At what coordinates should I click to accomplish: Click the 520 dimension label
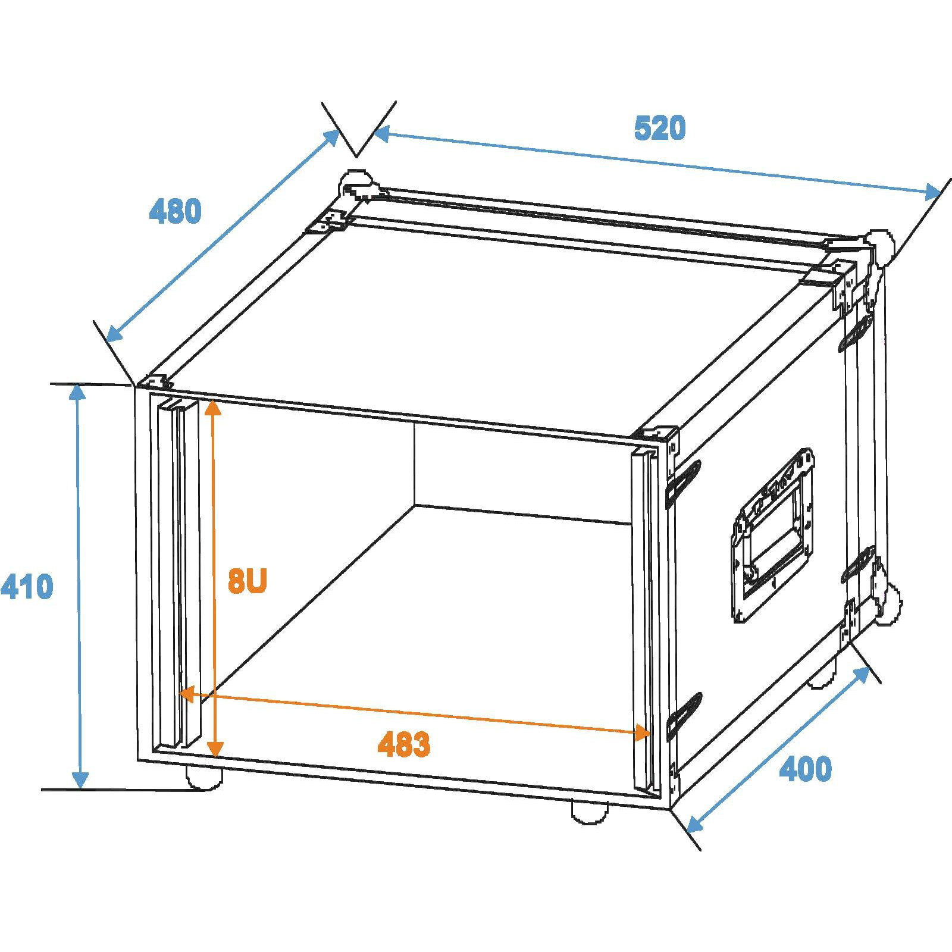[x=660, y=129]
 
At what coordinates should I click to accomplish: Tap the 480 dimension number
[x=175, y=212]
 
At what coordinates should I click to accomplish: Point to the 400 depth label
[x=806, y=769]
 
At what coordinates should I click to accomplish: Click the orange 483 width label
[x=404, y=744]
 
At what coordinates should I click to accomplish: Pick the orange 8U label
[x=248, y=581]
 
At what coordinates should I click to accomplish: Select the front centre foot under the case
[x=589, y=812]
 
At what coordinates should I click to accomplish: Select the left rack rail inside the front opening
[x=177, y=574]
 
